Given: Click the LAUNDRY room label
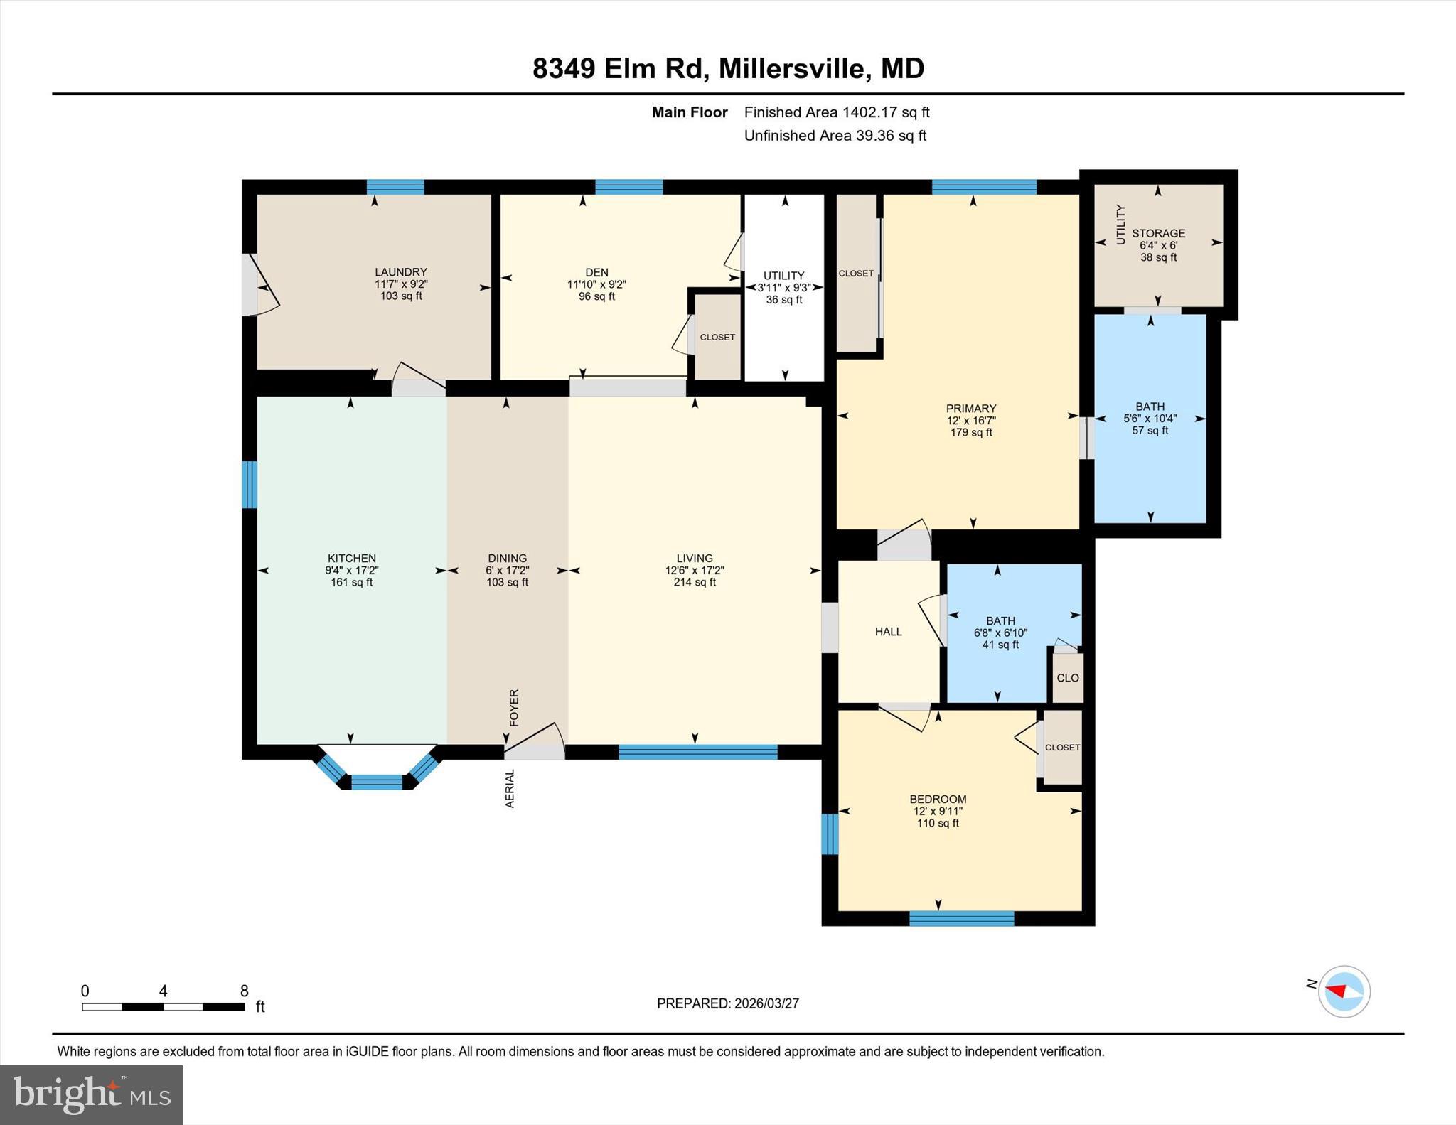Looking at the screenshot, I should tap(401, 284).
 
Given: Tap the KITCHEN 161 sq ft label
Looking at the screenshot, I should tap(351, 570).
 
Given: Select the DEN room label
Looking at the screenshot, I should tap(596, 284).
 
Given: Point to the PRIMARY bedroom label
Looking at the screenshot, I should tap(971, 420).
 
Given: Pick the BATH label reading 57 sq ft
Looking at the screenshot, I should tap(1150, 419).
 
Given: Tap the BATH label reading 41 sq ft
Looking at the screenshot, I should tap(1000, 633).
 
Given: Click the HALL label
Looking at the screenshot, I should tap(888, 631).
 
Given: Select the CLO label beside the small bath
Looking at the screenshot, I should tap(1067, 678).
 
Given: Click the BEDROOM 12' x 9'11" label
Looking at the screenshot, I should tap(938, 811).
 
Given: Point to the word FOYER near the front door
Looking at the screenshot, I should tap(514, 707).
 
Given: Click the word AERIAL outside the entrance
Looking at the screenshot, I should tap(510, 788).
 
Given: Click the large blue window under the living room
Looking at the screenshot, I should tap(697, 752).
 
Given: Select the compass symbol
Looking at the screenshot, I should tap(1344, 991).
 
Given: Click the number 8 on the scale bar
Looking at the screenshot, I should tap(244, 991).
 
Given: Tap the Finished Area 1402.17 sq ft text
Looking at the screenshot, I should tap(836, 112).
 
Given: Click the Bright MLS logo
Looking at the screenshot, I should tap(91, 1094).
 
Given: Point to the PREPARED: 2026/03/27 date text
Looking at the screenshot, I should tap(727, 1003).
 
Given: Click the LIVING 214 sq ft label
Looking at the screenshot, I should tap(694, 570).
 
